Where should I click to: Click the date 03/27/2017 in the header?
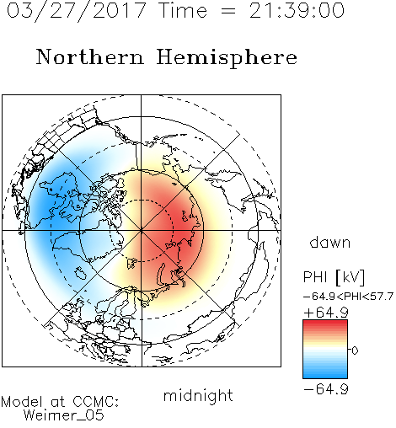[77, 10]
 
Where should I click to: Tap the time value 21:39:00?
[297, 10]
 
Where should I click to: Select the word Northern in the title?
[90, 56]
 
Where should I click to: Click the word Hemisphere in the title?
[227, 57]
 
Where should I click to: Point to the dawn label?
[330, 242]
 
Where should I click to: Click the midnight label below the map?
[198, 395]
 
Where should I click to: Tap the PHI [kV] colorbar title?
[334, 277]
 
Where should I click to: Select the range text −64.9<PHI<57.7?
[348, 297]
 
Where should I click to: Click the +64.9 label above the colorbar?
[326, 313]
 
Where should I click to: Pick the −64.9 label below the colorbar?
[326, 389]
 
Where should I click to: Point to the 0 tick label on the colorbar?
[355, 350]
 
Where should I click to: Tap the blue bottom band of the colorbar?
[325, 374]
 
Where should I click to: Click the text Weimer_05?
[64, 415]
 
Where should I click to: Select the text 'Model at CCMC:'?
[60, 402]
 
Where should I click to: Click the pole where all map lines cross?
[142, 231]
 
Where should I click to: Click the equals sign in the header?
[227, 11]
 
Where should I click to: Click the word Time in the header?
[183, 10]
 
